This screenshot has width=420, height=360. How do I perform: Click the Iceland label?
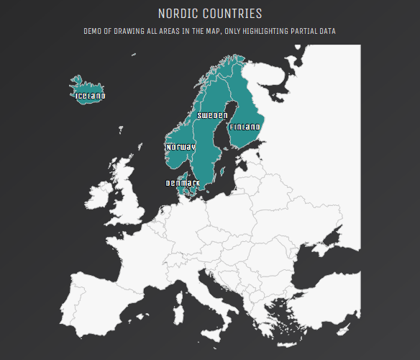coord(90,96)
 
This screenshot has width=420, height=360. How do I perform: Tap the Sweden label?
coord(212,115)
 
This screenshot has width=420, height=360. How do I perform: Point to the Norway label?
coord(181,147)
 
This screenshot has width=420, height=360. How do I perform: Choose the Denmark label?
coord(183,183)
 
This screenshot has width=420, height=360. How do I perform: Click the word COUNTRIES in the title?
coord(234,14)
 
